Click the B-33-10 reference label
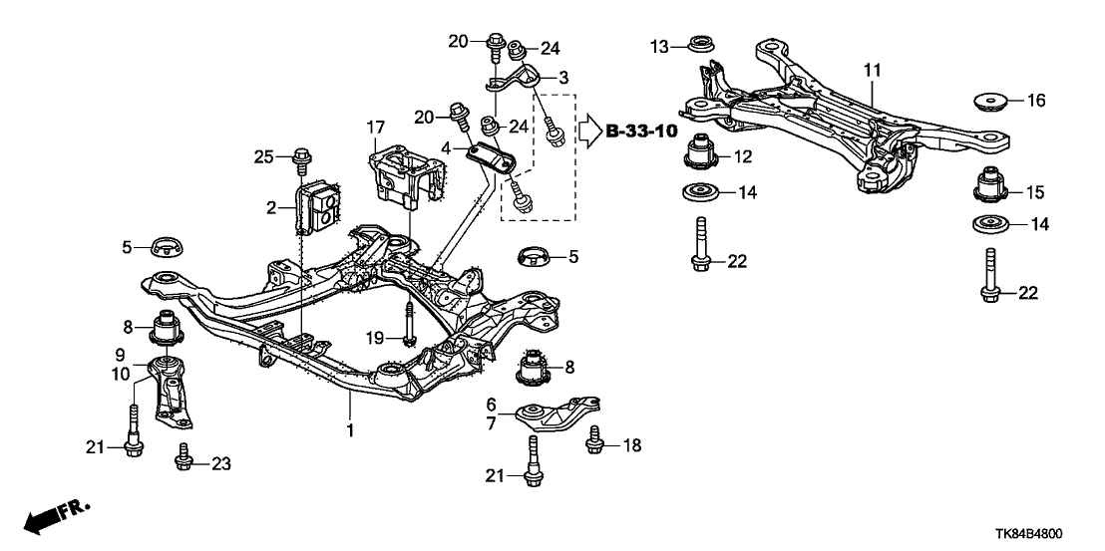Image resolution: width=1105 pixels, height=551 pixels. [x=641, y=131]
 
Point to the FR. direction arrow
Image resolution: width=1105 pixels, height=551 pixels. [x=54, y=517]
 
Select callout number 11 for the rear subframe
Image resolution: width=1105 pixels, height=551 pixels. [x=873, y=70]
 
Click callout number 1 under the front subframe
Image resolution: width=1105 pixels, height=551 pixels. [x=350, y=429]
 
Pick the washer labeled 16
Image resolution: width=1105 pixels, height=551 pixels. [x=986, y=103]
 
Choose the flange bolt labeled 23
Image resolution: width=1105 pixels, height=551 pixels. [x=183, y=458]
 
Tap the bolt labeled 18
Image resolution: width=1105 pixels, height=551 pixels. [x=596, y=441]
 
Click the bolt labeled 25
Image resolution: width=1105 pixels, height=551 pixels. [x=300, y=157]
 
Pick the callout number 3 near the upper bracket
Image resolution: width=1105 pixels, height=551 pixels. [x=563, y=77]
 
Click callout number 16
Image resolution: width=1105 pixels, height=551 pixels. [x=1037, y=101]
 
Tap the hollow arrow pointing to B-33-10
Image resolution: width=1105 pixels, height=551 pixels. [x=589, y=130]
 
